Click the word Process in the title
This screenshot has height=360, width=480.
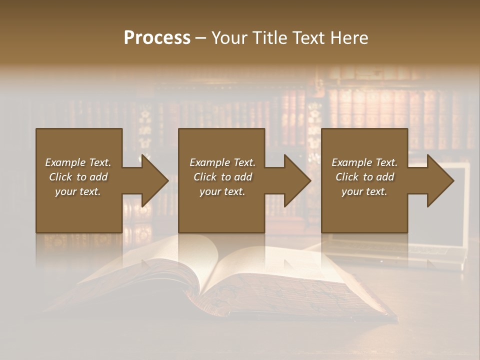click(x=157, y=38)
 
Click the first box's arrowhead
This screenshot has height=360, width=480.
click(x=153, y=180)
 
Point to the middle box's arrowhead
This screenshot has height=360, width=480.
click(x=296, y=180)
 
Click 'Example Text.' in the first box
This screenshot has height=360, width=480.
click(x=78, y=162)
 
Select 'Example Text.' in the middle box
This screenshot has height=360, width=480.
click(x=222, y=162)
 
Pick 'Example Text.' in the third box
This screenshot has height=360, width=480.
click(x=364, y=162)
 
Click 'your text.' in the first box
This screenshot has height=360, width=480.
click(x=78, y=191)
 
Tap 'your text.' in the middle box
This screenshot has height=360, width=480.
click(x=222, y=191)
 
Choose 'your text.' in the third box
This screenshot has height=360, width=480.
click(x=364, y=191)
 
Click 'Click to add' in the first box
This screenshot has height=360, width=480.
click(x=78, y=177)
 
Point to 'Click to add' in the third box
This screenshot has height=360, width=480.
click(x=364, y=177)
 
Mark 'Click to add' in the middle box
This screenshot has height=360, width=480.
click(x=222, y=177)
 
